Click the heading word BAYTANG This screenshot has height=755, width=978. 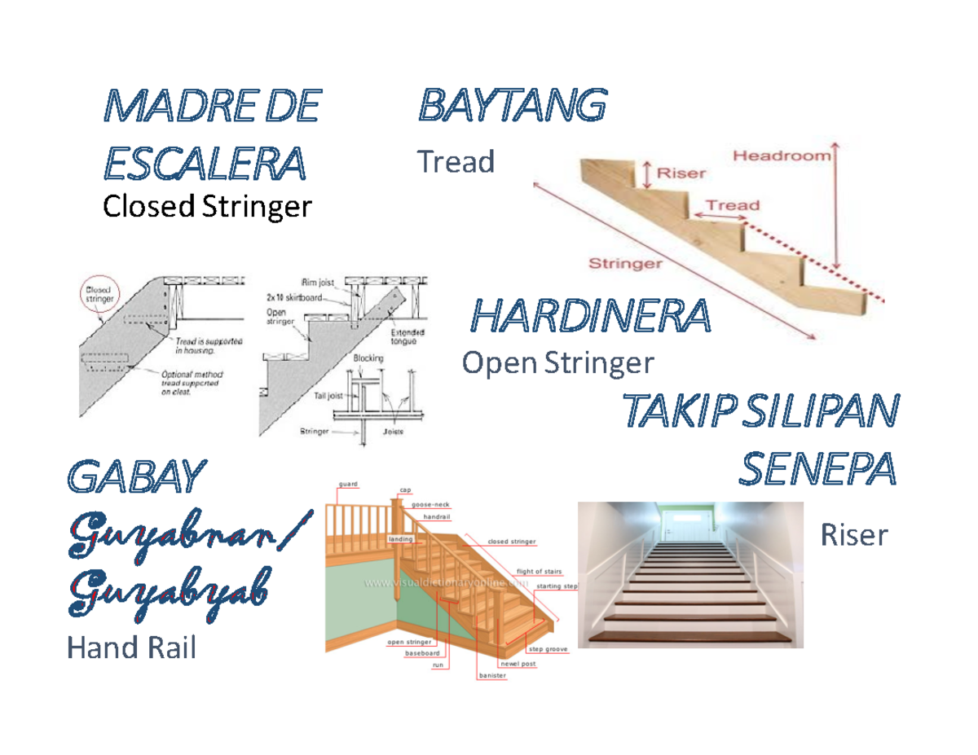tap(512, 107)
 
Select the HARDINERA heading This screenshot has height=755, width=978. tap(591, 316)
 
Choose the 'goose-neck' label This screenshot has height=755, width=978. tap(430, 504)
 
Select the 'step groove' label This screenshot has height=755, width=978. tap(548, 649)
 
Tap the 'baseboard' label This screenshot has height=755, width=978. tap(423, 653)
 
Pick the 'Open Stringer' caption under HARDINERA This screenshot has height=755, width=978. tap(557, 362)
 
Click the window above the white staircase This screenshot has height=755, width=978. tap(691, 520)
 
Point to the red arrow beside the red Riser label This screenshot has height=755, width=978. tap(646, 173)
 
